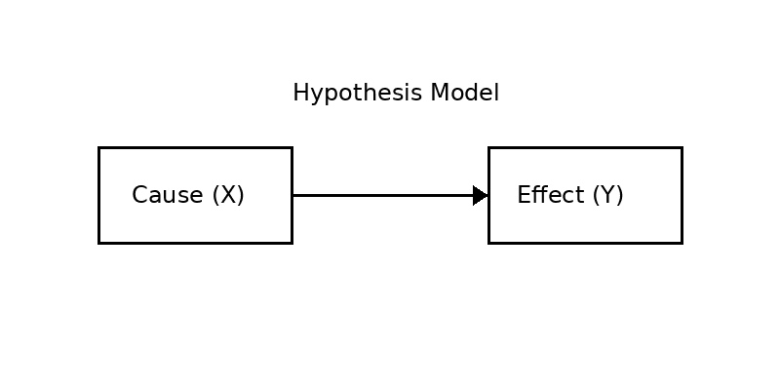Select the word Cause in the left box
coord(167,195)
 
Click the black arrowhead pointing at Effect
coord(480,195)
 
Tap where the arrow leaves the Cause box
coord(292,195)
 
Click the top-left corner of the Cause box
coord(98,147)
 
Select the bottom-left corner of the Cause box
coord(98,243)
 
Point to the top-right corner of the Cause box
coord(292,147)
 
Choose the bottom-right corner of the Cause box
coord(292,243)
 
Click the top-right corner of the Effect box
coord(682,147)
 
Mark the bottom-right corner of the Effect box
coord(682,243)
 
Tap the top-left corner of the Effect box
coord(488,147)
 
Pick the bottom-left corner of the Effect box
coord(488,243)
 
